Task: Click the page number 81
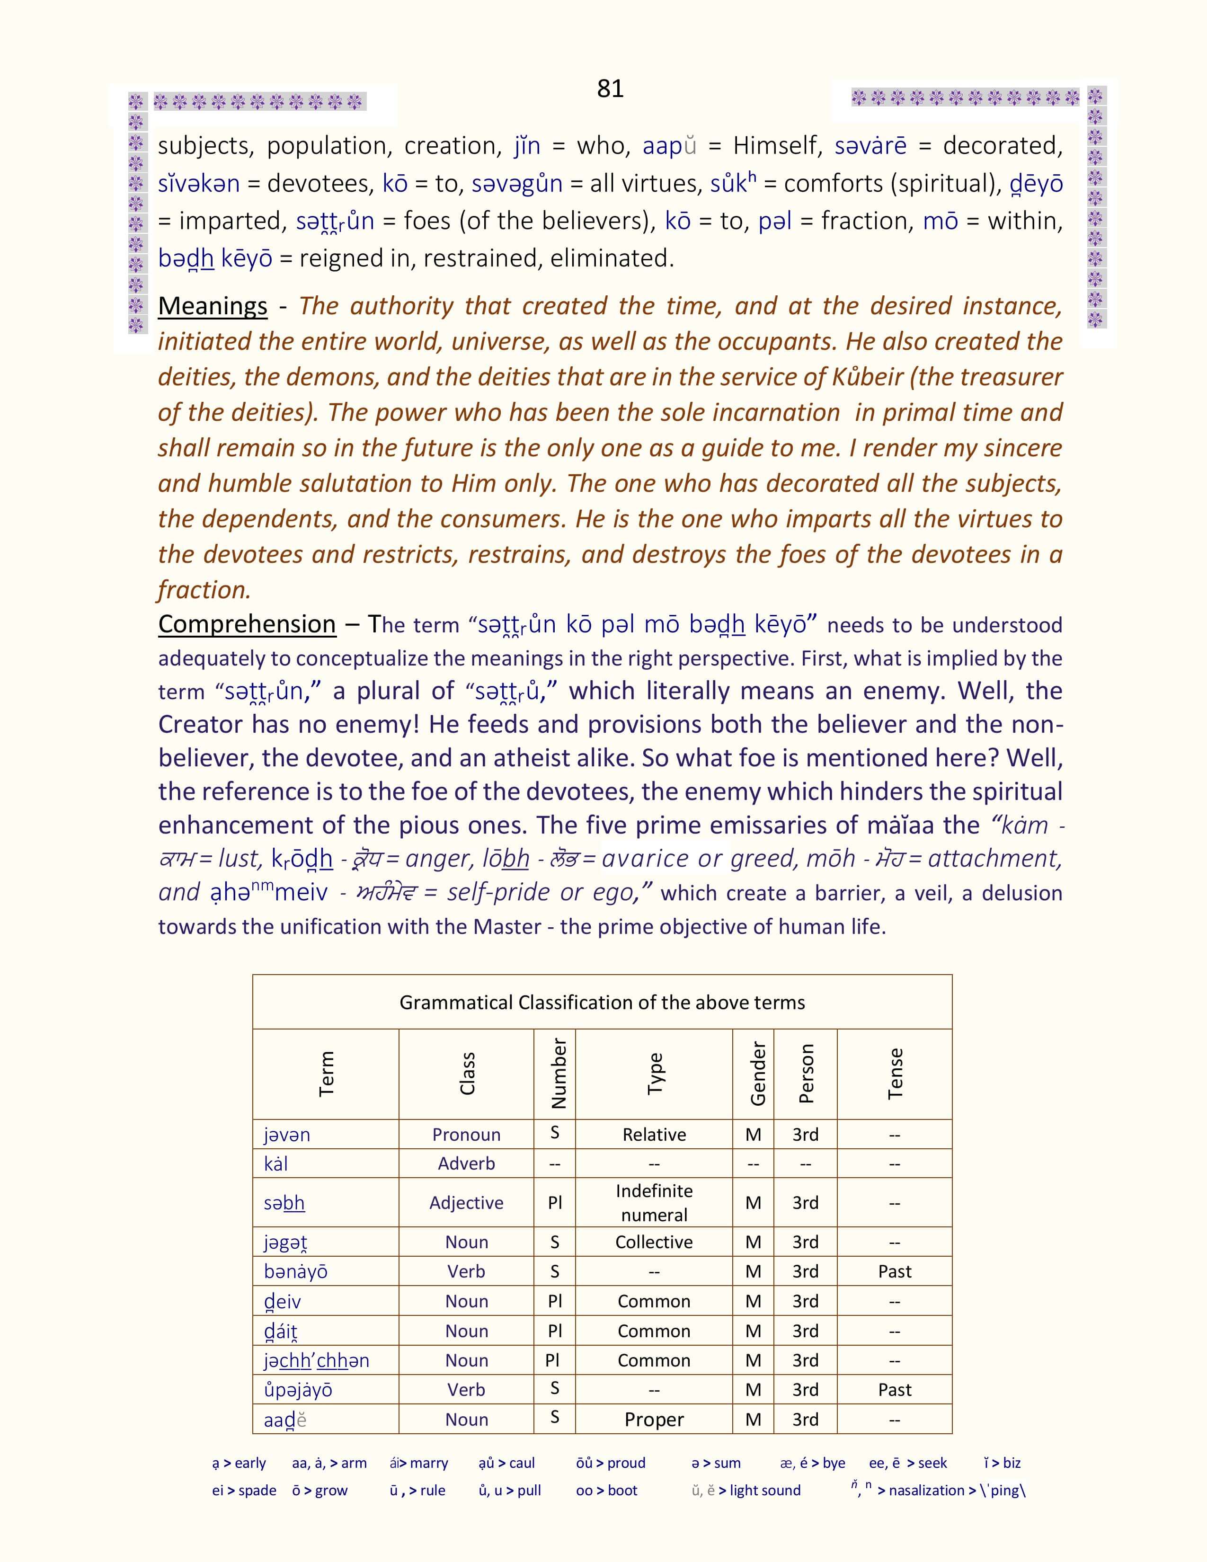610,89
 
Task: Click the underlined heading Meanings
213,306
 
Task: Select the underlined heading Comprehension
247,624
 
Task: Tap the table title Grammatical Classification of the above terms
602,1002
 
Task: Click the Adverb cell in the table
466,1163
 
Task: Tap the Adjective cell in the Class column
466,1202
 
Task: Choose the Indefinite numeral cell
654,1202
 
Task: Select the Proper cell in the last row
654,1419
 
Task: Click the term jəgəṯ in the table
285,1242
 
